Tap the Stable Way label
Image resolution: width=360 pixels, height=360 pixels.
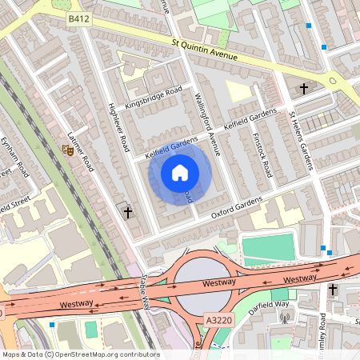tap(145, 290)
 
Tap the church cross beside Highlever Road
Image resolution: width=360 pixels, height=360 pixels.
tap(128, 213)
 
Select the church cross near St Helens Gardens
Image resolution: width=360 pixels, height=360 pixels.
tap(304, 88)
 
